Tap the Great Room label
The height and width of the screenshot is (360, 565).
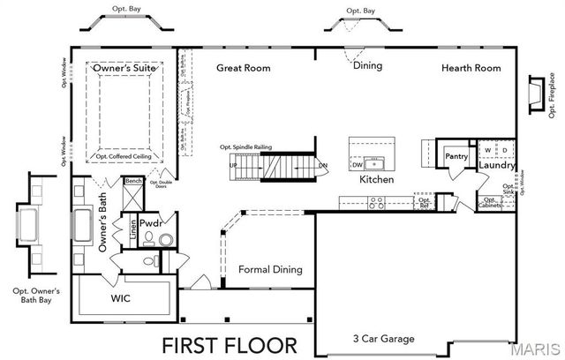[244, 68]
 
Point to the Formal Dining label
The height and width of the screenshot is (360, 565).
[271, 270]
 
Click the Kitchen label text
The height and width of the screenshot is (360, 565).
[375, 179]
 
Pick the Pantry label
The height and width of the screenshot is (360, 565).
[456, 156]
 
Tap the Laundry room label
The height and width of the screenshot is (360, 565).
[496, 165]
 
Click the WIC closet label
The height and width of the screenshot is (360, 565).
[121, 299]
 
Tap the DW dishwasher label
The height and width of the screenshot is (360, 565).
[358, 164]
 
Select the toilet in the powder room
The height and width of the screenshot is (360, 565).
[150, 238]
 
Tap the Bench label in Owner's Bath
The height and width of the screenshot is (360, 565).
[133, 181]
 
